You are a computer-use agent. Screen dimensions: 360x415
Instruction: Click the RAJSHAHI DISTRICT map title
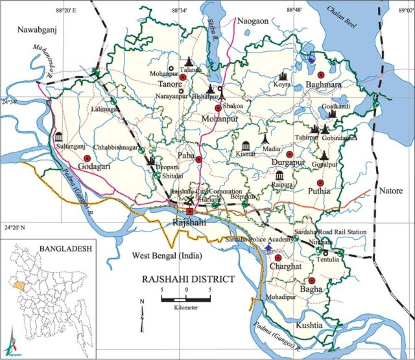pyautogui.click(x=188, y=280)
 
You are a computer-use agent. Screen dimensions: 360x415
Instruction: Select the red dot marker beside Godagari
pyautogui.click(x=87, y=158)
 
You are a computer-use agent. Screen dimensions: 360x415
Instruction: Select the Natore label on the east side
pyautogui.click(x=392, y=193)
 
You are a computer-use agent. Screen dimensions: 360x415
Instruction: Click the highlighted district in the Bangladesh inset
pyautogui.click(x=25, y=284)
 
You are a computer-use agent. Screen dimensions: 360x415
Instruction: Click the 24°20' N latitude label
pyautogui.click(x=16, y=229)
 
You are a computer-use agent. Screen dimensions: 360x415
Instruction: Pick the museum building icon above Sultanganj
pyautogui.click(x=60, y=138)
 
